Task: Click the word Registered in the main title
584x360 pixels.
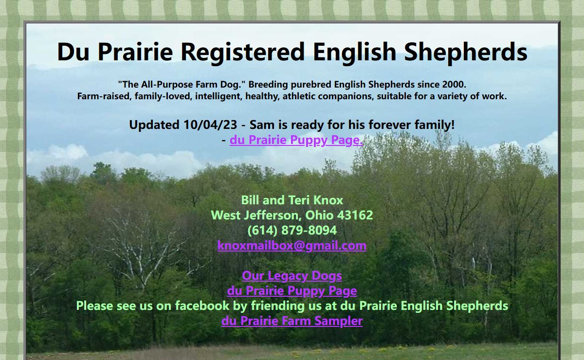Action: (242, 52)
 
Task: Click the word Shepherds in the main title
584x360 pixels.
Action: (466, 52)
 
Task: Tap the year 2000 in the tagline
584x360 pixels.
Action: (454, 85)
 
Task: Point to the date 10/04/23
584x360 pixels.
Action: (210, 125)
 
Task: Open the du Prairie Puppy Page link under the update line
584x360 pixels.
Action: (296, 140)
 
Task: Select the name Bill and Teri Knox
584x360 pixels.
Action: (292, 200)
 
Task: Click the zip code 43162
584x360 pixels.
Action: (355, 216)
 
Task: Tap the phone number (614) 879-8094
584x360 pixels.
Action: (292, 231)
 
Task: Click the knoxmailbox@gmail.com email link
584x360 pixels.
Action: (292, 246)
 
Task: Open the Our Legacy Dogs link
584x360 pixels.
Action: (292, 276)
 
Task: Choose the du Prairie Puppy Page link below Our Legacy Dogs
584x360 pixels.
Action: (292, 290)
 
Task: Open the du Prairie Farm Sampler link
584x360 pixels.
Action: (292, 321)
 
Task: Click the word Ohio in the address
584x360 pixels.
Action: (319, 216)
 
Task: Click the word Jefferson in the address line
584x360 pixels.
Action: (273, 216)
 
